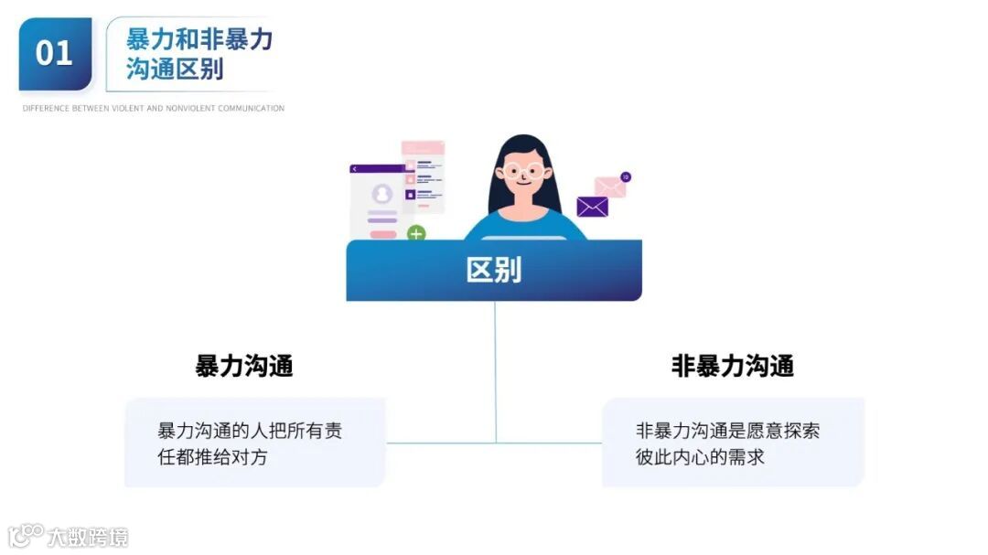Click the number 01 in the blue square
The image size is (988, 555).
tap(54, 53)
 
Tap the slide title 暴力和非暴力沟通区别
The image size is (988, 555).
tap(199, 54)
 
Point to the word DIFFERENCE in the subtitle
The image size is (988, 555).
tap(43, 109)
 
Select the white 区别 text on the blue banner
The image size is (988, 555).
tap(493, 270)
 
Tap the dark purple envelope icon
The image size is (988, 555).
tap(592, 207)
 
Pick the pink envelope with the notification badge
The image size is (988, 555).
tap(609, 187)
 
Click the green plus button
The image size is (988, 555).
tap(416, 234)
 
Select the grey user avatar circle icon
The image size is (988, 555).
tap(382, 194)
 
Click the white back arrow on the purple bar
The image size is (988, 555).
tap(355, 169)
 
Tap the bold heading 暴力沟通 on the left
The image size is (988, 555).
tap(244, 367)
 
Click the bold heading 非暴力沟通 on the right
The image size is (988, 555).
tap(732, 367)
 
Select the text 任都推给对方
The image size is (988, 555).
tap(213, 457)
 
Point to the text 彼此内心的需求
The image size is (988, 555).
tap(700, 457)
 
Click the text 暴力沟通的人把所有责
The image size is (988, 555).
tap(250, 431)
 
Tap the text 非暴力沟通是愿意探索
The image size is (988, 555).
tap(727, 431)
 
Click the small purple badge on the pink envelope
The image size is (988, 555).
tap(626, 176)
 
